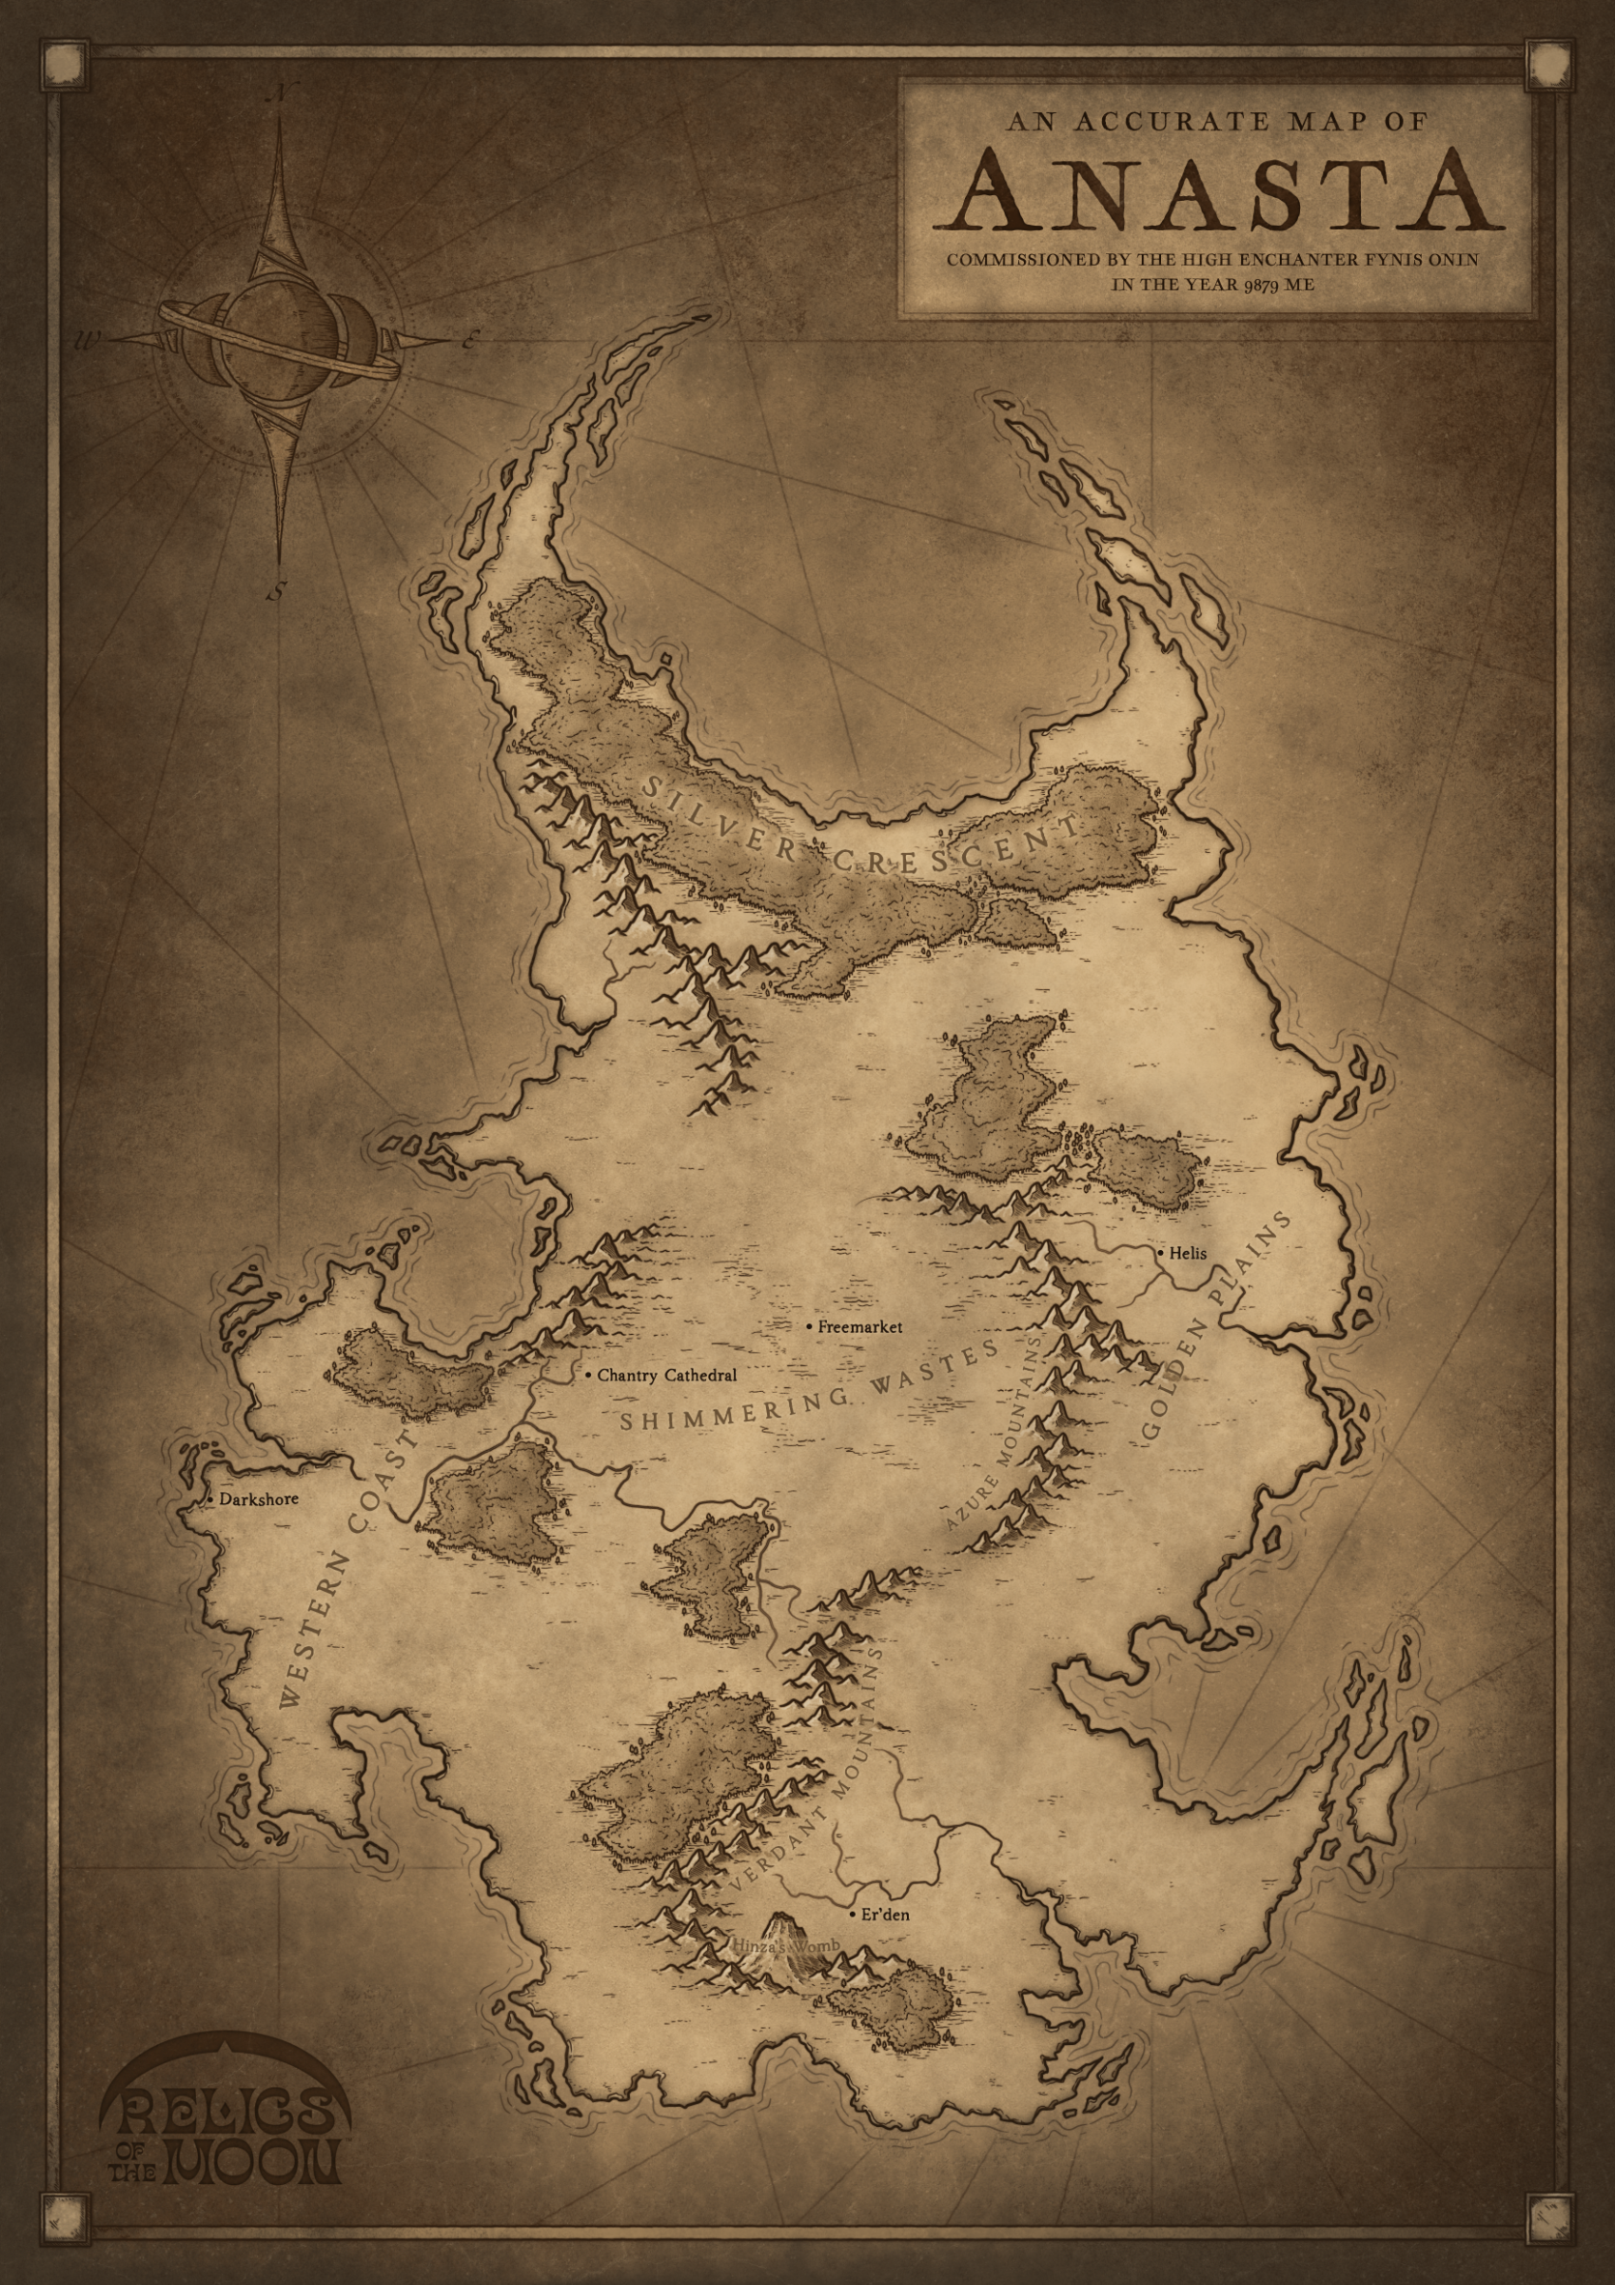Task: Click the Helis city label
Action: click(1187, 1253)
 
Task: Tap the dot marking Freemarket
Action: click(810, 1326)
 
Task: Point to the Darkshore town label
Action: click(259, 1499)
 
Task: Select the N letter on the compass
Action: click(283, 94)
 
